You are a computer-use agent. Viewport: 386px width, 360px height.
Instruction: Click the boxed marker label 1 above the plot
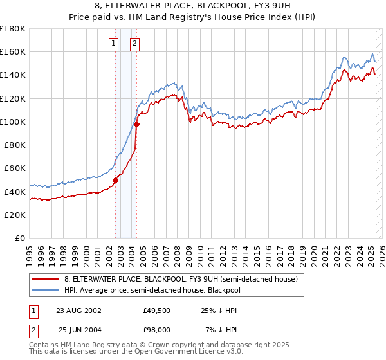tap(114, 44)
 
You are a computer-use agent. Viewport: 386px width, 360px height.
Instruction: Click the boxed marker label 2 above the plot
tap(135, 44)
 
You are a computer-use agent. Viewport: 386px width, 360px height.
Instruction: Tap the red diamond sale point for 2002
tap(116, 181)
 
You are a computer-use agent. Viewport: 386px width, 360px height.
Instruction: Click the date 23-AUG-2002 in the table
tap(79, 310)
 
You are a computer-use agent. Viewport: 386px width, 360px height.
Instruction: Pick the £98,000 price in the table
tap(157, 330)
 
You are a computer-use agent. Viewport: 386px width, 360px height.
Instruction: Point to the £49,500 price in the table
tap(157, 310)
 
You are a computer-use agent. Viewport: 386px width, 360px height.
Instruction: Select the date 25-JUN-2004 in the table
tap(79, 330)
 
